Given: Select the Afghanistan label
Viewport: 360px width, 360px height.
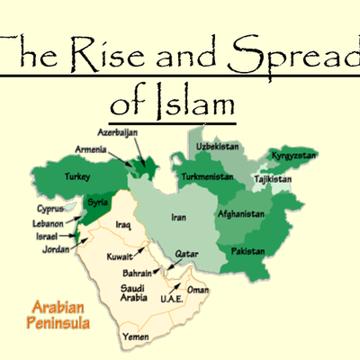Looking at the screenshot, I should click(241, 214).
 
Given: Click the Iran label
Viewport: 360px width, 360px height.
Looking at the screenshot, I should click(179, 217).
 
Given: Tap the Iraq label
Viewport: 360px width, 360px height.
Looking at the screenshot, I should click(123, 224).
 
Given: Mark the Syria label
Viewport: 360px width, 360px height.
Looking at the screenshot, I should click(95, 203).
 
